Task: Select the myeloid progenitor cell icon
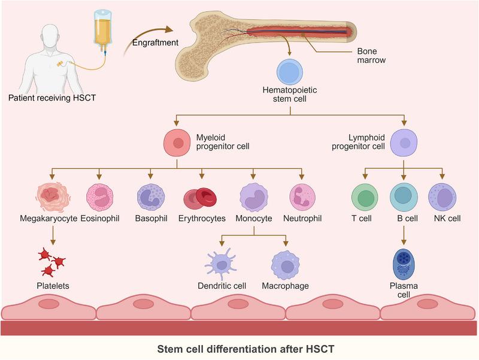(177, 143)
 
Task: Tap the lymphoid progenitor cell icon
(405, 143)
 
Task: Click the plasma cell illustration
(403, 263)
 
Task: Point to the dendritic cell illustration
(223, 264)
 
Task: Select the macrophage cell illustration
(285, 264)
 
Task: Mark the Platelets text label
(51, 286)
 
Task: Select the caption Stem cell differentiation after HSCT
(239, 347)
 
